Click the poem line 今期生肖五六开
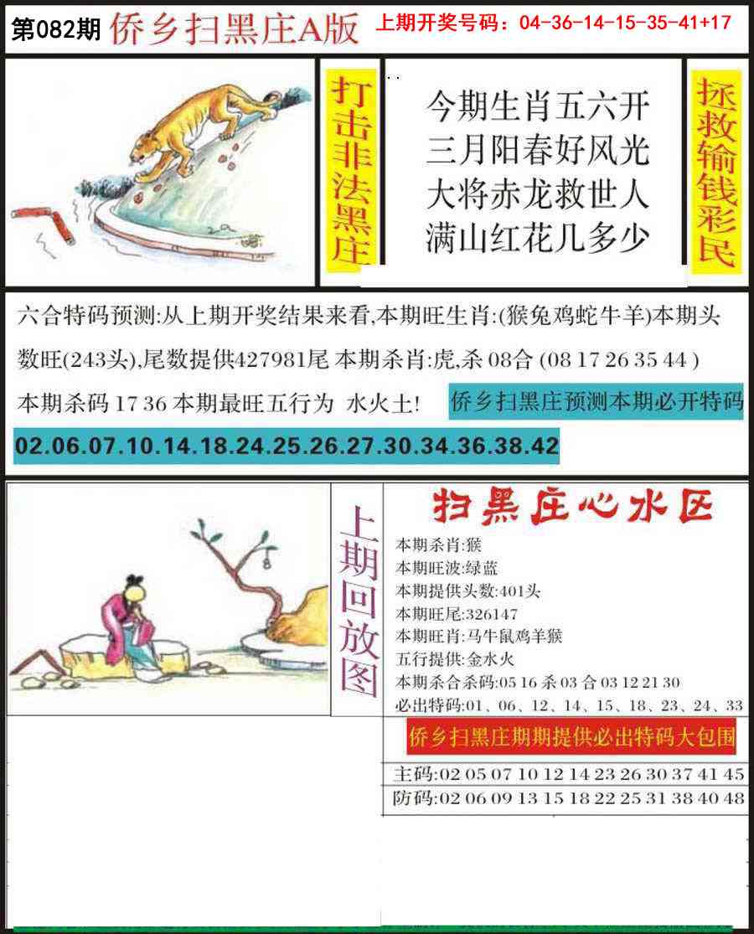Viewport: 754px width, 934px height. [538, 106]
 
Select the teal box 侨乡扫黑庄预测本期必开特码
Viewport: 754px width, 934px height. [596, 404]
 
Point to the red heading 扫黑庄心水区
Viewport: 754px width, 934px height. [572, 508]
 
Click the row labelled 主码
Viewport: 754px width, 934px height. [568, 773]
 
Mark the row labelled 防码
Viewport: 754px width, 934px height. [568, 797]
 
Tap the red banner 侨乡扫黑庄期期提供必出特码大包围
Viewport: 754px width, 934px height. [572, 738]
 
